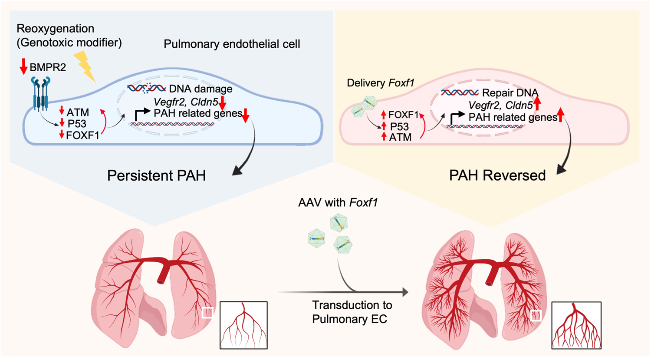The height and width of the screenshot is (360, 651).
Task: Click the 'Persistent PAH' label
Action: click(x=156, y=175)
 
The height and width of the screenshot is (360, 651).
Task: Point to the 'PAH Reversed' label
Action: click(x=497, y=175)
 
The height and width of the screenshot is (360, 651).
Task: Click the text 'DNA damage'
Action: click(x=201, y=89)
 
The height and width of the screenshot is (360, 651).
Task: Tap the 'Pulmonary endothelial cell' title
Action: click(x=232, y=44)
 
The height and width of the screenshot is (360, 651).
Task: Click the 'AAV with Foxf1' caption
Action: click(x=338, y=202)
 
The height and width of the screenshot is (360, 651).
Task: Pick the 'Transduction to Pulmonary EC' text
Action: click(x=352, y=312)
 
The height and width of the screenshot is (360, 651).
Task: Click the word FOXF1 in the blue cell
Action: click(x=82, y=135)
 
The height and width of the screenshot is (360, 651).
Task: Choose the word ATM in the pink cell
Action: click(x=400, y=137)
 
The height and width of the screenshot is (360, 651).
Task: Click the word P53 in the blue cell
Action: click(x=77, y=124)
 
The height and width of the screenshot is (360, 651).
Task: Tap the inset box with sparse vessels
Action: click(x=243, y=325)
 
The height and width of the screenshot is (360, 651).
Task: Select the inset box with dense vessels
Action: click(x=576, y=325)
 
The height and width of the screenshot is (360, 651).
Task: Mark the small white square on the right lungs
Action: click(x=536, y=316)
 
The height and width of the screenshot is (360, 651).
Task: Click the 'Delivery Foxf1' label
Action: click(x=381, y=83)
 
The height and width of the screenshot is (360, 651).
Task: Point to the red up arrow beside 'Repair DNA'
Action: click(x=537, y=103)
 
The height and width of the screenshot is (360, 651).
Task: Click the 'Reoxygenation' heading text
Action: click(x=55, y=29)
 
